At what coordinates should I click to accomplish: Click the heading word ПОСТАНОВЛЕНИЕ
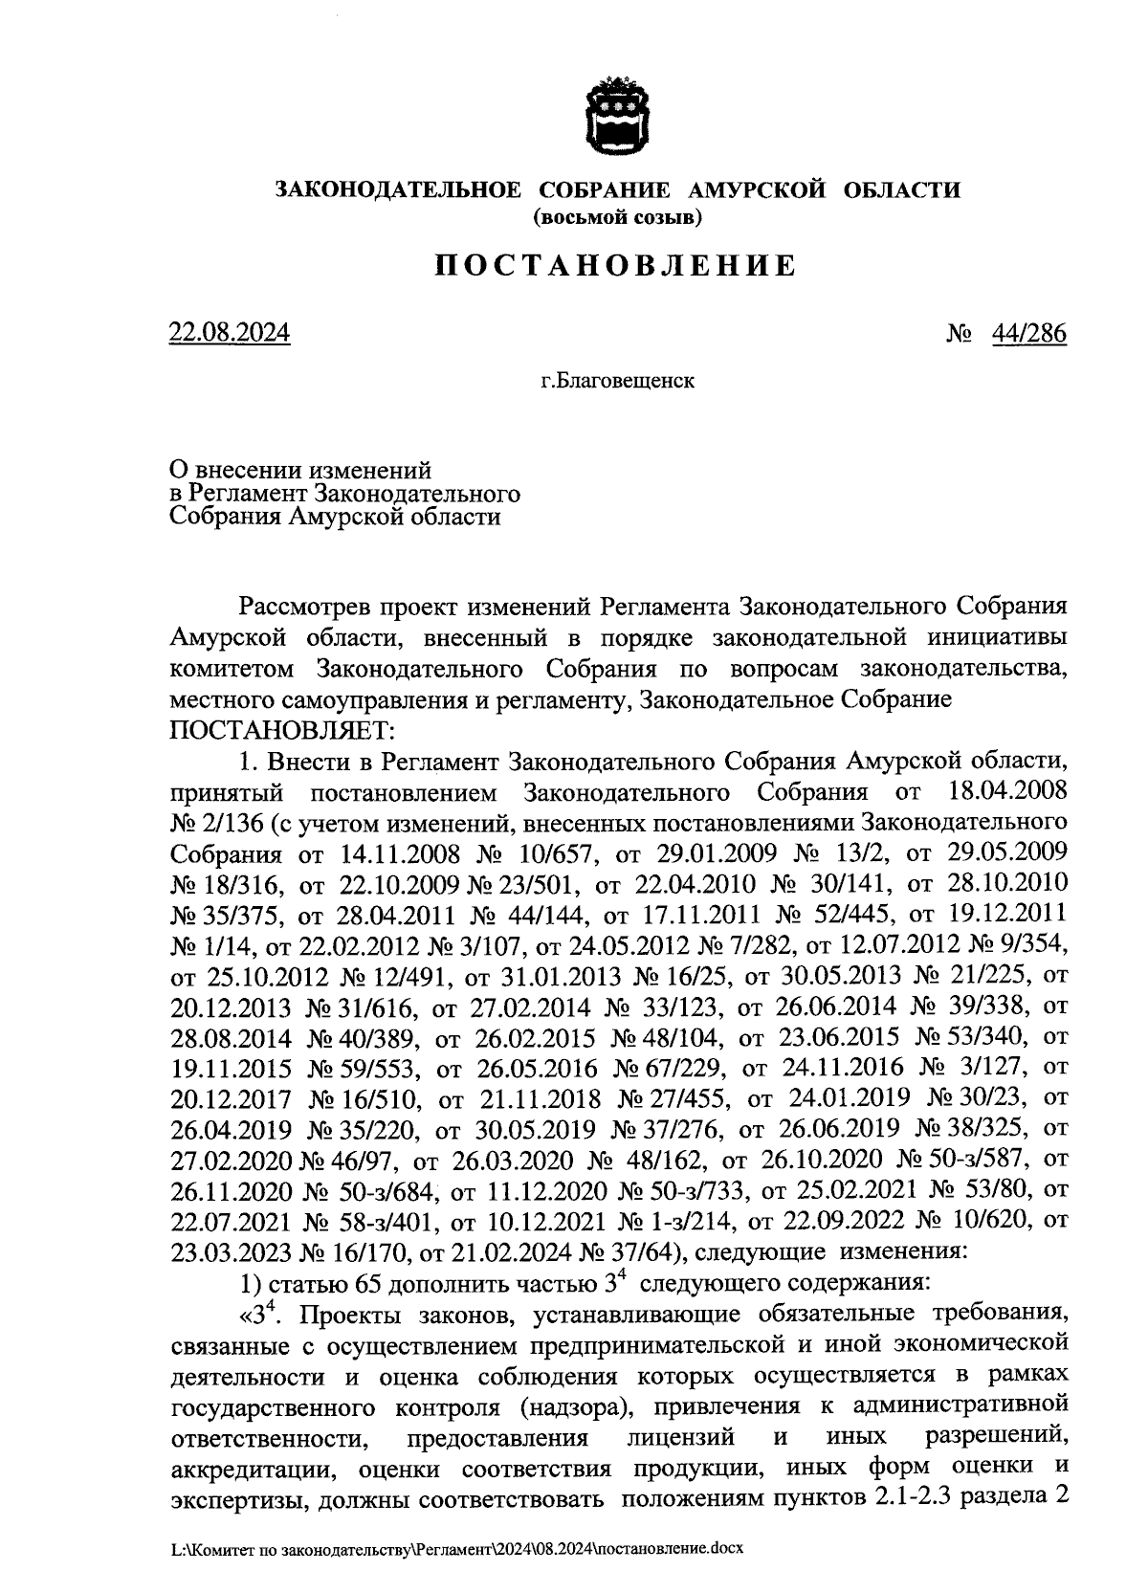pos(616,265)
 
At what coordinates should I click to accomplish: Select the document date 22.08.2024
pos(230,334)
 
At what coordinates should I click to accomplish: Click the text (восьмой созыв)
pos(617,218)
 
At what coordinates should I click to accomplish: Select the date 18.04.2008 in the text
pos(1004,792)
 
